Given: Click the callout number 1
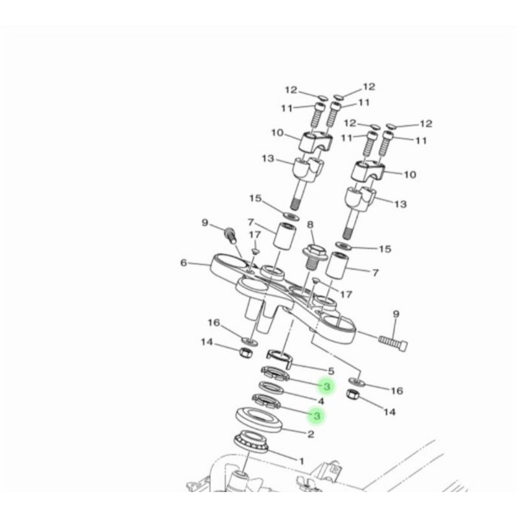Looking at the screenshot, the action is pyautogui.click(x=301, y=460).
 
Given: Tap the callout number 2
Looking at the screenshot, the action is pyautogui.click(x=311, y=434).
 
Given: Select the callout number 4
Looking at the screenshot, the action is pyautogui.click(x=321, y=401).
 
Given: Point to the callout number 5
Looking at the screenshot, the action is pyautogui.click(x=331, y=371).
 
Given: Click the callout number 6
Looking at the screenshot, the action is pyautogui.click(x=184, y=263).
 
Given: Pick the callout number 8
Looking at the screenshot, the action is pyautogui.click(x=310, y=225).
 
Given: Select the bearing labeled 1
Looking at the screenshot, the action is pyautogui.click(x=251, y=442).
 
